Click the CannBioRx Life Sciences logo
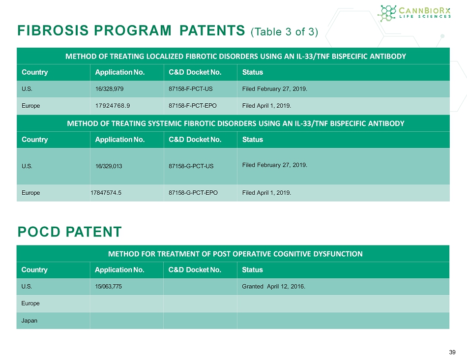click(414, 13)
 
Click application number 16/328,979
click(109, 89)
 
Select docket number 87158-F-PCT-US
click(191, 89)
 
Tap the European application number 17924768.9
click(113, 106)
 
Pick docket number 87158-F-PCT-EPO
click(193, 106)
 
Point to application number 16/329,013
click(109, 166)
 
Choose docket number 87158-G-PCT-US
click(191, 166)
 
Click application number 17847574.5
click(106, 192)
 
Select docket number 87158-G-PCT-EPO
click(193, 192)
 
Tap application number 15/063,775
click(109, 286)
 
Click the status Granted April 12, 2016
click(274, 286)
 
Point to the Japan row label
click(29, 321)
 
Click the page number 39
click(452, 352)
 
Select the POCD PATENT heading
click(70, 232)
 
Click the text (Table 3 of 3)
click(285, 31)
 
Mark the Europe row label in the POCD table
click(30, 303)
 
